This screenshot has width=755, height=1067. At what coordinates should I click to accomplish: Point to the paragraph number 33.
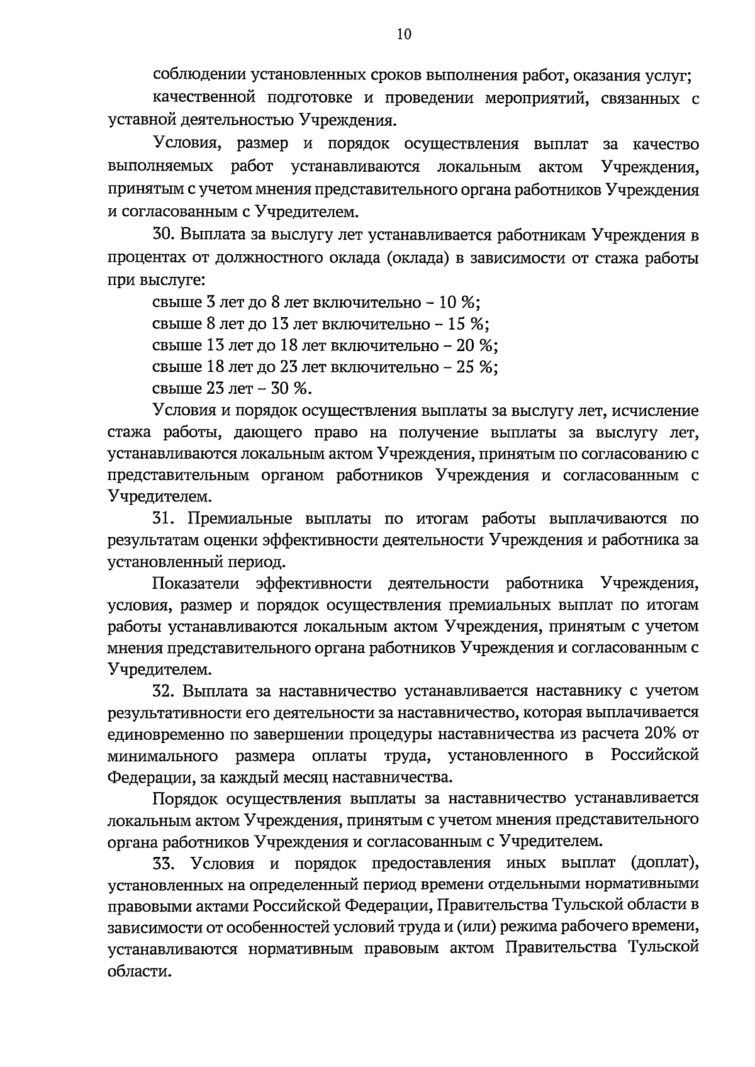(x=164, y=862)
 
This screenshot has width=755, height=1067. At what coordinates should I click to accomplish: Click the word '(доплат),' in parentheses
(x=663, y=862)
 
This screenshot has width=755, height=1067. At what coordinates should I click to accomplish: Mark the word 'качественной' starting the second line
(x=201, y=98)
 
